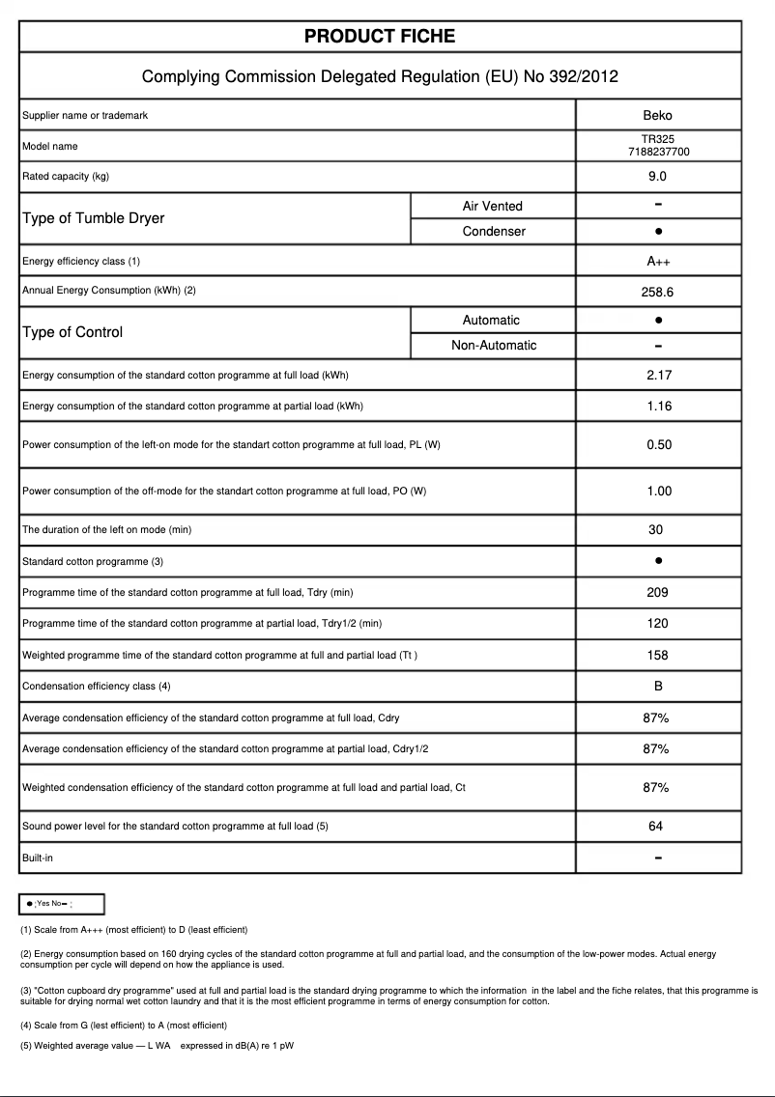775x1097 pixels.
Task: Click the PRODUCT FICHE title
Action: (380, 37)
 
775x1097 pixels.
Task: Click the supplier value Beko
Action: (658, 115)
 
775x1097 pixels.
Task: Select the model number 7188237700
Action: (658, 153)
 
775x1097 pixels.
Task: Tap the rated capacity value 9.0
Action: (658, 177)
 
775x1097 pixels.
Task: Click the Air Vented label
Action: (493, 206)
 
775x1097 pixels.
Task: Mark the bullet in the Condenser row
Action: (658, 232)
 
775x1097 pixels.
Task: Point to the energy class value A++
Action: (658, 262)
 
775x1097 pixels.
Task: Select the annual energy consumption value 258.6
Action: (658, 291)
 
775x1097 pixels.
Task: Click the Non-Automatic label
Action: (493, 346)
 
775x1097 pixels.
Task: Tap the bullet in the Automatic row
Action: (658, 320)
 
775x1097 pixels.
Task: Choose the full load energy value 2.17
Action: (658, 375)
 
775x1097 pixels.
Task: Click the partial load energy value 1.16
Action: (658, 406)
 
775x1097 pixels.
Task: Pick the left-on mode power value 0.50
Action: (658, 444)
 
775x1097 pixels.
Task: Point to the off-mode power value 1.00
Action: (658, 491)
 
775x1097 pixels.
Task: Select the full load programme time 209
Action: (658, 592)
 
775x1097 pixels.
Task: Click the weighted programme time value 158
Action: (658, 655)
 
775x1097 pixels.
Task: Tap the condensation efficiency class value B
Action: (658, 686)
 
